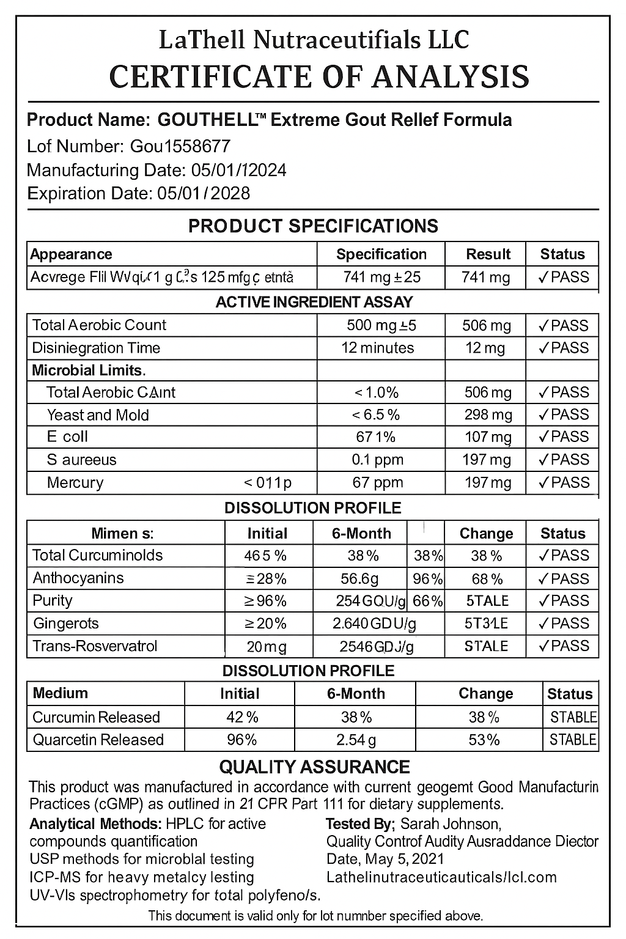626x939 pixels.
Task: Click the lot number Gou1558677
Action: (x=180, y=146)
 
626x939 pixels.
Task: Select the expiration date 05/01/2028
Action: (x=203, y=193)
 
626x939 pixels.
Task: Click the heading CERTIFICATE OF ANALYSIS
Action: (x=319, y=77)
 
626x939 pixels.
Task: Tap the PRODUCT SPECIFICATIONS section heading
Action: (x=313, y=226)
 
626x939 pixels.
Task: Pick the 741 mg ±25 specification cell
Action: (x=381, y=278)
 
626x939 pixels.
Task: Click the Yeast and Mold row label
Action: (x=98, y=415)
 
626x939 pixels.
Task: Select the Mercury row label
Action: (x=75, y=483)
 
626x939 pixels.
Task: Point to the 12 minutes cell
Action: (x=377, y=348)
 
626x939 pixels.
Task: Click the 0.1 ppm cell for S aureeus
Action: (x=377, y=460)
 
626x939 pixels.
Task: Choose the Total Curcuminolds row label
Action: (x=97, y=555)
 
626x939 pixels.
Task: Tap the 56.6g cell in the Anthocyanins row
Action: (x=359, y=578)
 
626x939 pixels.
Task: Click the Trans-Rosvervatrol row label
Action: (x=95, y=646)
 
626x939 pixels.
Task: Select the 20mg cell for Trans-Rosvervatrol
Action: (x=267, y=647)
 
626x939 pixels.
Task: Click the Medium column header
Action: (x=60, y=693)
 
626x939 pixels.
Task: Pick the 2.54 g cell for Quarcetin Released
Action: (x=356, y=740)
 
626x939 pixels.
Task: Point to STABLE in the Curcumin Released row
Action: (x=573, y=717)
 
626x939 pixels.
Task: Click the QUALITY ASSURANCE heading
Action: (x=314, y=767)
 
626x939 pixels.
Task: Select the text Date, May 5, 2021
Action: (x=385, y=859)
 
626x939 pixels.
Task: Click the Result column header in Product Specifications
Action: (x=488, y=254)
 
